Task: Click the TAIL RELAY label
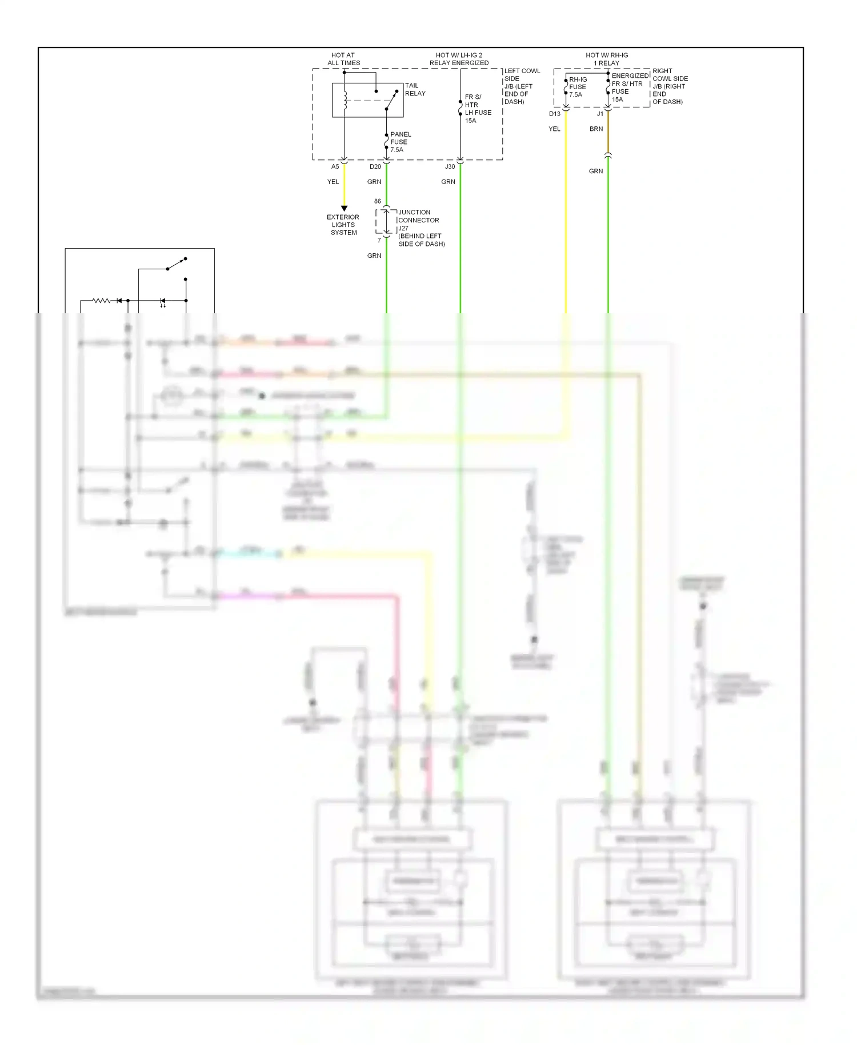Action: (415, 90)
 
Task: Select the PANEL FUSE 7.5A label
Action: (400, 142)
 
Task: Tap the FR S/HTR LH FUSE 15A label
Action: (477, 109)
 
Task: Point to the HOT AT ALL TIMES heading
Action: (343, 59)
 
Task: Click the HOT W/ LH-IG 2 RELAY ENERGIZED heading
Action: (459, 59)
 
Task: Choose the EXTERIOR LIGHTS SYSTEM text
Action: (343, 225)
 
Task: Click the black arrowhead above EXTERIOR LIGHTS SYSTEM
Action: (344, 208)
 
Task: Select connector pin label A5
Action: (335, 167)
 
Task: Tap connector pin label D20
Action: (375, 167)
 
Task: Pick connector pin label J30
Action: (450, 167)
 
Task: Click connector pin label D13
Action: (554, 114)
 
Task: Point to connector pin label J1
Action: (600, 114)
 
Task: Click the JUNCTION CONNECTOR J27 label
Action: (421, 228)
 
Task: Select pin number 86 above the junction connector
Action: (377, 201)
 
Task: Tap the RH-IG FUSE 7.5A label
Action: (577, 87)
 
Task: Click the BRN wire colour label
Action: (596, 129)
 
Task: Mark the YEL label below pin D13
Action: (554, 129)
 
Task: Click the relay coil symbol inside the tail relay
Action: (345, 101)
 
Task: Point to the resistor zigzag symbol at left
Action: (102, 300)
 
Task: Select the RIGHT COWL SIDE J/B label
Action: (670, 86)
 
